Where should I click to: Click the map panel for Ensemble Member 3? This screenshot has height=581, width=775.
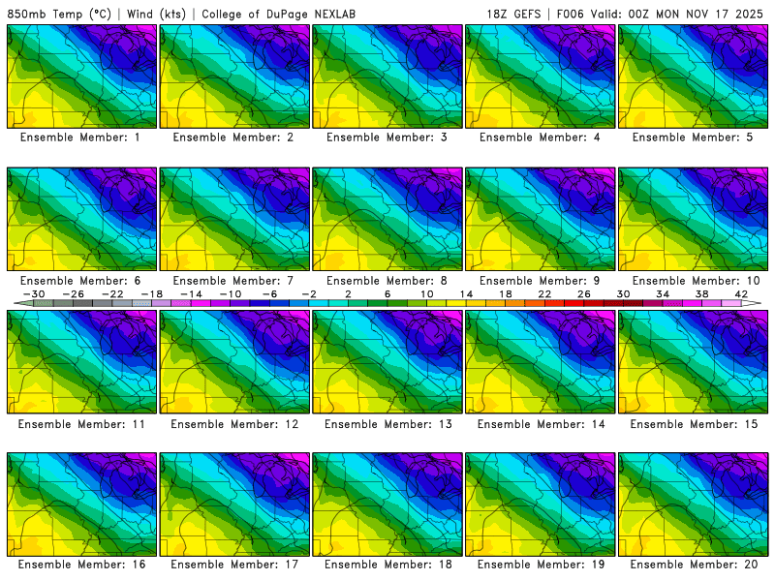click(387, 76)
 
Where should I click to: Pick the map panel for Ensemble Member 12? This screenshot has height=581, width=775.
click(234, 361)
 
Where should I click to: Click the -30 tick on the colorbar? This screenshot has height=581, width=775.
click(34, 294)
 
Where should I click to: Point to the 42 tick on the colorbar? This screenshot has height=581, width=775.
click(741, 294)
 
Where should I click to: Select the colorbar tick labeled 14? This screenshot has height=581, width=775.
click(466, 294)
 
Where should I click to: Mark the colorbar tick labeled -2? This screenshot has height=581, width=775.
click(309, 294)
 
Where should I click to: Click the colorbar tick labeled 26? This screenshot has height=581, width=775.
click(584, 294)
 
